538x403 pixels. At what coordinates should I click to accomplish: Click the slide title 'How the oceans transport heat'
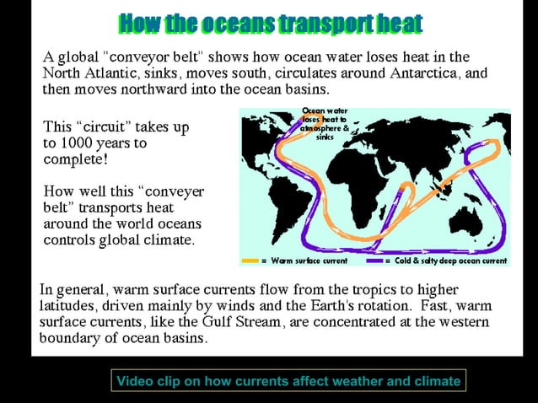point(270,24)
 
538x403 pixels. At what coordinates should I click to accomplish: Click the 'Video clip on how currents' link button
point(288,381)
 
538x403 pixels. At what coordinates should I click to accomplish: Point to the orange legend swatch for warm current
point(250,261)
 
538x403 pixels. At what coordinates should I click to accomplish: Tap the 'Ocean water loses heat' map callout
point(325,123)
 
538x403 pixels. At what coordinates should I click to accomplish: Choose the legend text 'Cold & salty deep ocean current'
point(452,261)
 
